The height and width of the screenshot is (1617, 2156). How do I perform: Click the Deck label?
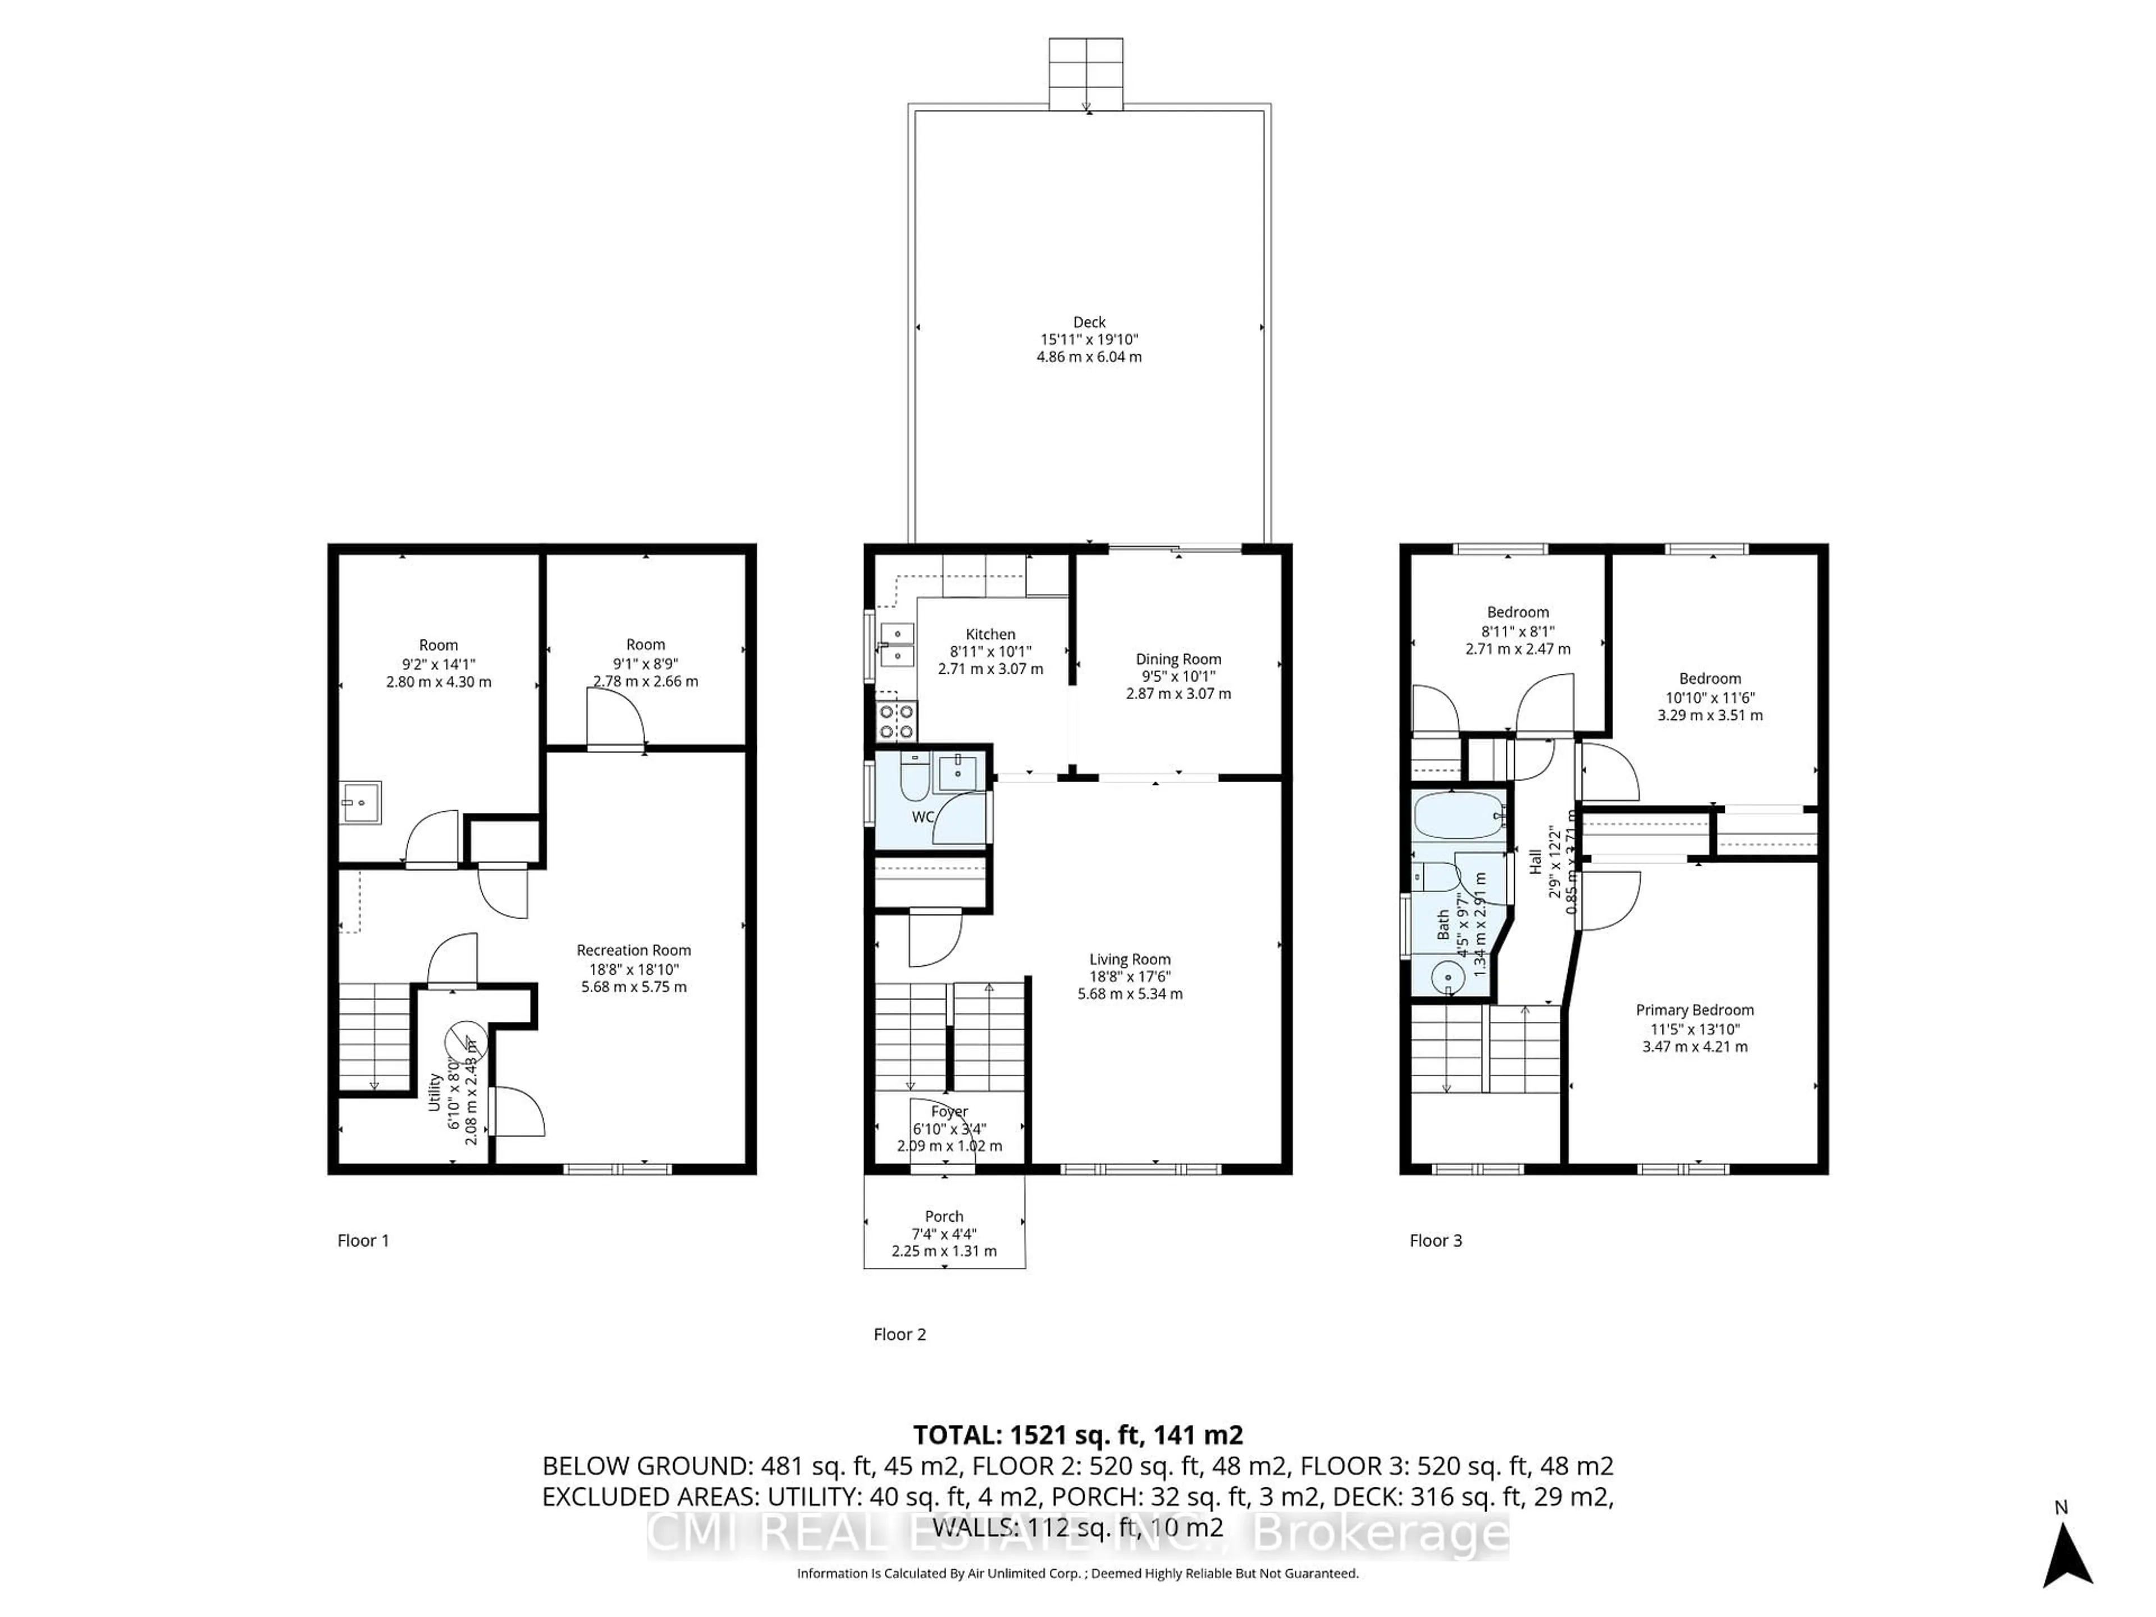(x=1089, y=322)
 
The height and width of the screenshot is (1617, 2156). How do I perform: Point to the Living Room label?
(x=1130, y=959)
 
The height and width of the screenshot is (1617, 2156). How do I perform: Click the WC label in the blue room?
(x=922, y=817)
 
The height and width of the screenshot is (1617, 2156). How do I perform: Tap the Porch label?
(x=943, y=1217)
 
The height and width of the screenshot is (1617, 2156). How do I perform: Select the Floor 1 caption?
(x=363, y=1241)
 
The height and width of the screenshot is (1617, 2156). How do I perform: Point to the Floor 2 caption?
(x=899, y=1335)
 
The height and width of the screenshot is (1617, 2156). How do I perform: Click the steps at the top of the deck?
(x=1086, y=73)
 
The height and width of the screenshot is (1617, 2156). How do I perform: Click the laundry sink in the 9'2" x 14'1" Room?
(x=360, y=802)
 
